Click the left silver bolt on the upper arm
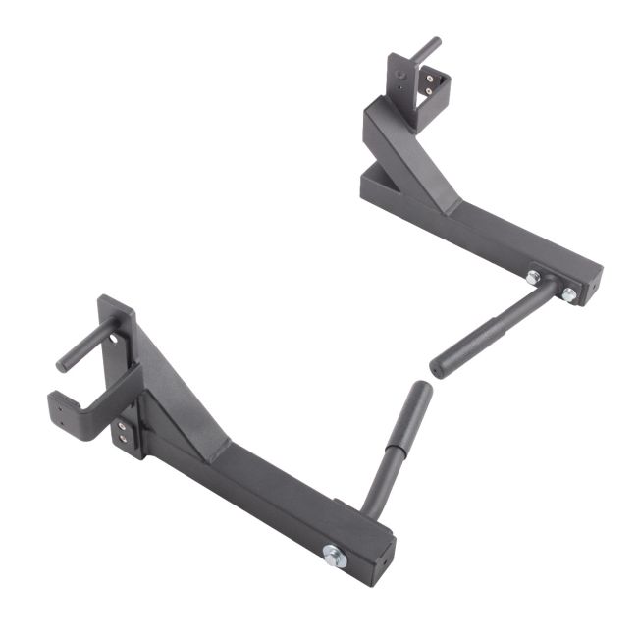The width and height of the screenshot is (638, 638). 532,278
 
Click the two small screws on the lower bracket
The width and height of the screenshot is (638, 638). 122,433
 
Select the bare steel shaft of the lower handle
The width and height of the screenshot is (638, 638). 375,496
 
